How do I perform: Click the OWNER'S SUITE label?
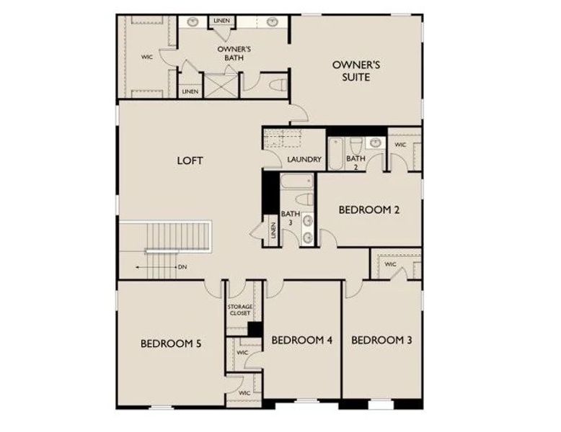(355, 71)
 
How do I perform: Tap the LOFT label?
(190, 161)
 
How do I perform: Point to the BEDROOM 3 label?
(381, 339)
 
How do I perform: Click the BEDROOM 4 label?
(301, 339)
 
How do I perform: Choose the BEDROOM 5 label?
(170, 343)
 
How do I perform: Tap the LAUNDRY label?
(304, 159)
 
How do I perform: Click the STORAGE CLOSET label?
(240, 310)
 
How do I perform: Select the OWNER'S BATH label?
(234, 54)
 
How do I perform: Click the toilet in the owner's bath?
(275, 84)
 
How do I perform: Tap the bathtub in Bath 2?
(337, 153)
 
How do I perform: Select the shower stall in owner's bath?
(215, 86)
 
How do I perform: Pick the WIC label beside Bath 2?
(400, 145)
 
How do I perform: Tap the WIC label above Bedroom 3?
(390, 264)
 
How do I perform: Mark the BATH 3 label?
(290, 218)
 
